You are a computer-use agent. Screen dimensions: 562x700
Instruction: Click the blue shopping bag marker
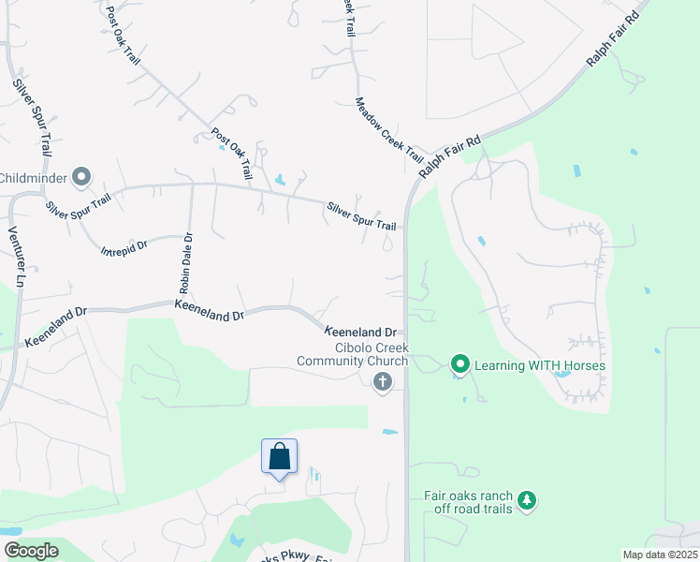click(279, 457)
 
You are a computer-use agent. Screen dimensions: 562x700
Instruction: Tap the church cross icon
click(381, 381)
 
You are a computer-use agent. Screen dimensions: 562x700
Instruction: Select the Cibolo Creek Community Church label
click(353, 361)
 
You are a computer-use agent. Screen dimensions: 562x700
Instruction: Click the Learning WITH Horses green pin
click(459, 363)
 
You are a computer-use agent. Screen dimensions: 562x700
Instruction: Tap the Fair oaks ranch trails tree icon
click(528, 501)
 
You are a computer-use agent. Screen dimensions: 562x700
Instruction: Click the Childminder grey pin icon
click(81, 176)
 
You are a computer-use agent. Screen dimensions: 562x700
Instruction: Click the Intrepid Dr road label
click(124, 247)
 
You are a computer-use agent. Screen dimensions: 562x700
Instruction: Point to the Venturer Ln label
click(15, 257)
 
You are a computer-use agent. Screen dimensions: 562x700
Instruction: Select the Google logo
click(31, 551)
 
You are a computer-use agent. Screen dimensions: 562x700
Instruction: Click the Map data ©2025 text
click(659, 555)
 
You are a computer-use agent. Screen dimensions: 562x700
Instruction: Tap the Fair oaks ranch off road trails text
click(468, 502)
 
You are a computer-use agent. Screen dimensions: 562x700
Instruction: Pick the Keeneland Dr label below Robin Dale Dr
click(209, 311)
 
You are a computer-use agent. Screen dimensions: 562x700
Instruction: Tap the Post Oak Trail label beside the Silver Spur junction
click(232, 154)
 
